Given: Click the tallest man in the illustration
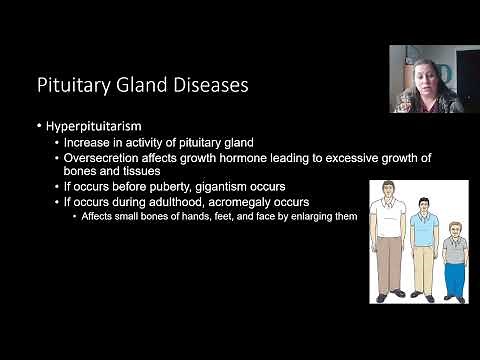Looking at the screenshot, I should (x=384, y=240).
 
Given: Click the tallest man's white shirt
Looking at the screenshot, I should (x=384, y=217).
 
